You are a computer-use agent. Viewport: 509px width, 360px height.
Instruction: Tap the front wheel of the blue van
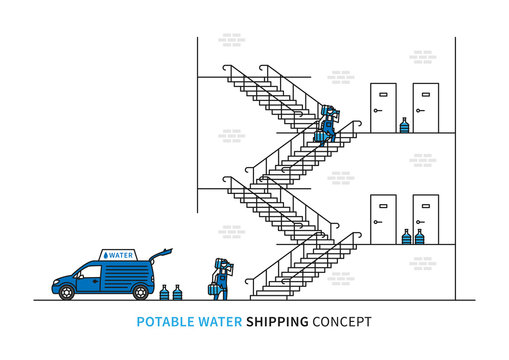point(67,292)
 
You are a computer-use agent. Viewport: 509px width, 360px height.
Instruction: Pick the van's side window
point(92,271)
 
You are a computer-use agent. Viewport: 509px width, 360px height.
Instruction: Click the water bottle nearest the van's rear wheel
point(164,292)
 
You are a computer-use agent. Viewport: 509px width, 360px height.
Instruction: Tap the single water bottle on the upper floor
point(404,125)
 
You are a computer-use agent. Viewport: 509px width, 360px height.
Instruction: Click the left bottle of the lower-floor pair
point(406,237)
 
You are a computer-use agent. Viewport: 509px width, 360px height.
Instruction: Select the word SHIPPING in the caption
point(281,322)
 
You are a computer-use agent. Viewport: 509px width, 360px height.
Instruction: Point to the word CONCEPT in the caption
point(342,322)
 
